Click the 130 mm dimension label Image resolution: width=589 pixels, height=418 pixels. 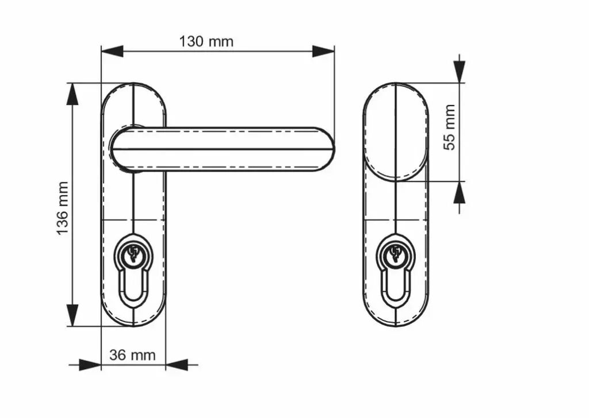(x=206, y=41)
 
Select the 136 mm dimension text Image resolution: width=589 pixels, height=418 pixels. (x=63, y=208)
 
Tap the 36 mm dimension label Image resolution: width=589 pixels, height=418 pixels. (x=132, y=355)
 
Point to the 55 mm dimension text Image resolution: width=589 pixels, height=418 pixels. (x=450, y=127)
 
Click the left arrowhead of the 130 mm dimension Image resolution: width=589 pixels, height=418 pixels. (x=112, y=51)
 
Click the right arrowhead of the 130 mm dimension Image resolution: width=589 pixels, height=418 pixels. (x=323, y=51)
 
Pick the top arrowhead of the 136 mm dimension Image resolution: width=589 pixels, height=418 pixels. (x=72, y=94)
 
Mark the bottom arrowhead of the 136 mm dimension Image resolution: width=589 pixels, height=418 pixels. (x=72, y=315)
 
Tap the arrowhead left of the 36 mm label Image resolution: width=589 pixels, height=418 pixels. (x=90, y=365)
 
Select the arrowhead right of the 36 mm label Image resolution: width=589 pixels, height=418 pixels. (x=177, y=365)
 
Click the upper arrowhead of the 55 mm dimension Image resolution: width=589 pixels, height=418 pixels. (x=459, y=72)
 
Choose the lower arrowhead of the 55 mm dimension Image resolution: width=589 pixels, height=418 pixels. (x=459, y=192)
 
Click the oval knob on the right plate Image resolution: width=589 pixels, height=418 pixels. (x=396, y=131)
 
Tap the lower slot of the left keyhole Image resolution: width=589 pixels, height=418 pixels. (x=133, y=299)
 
